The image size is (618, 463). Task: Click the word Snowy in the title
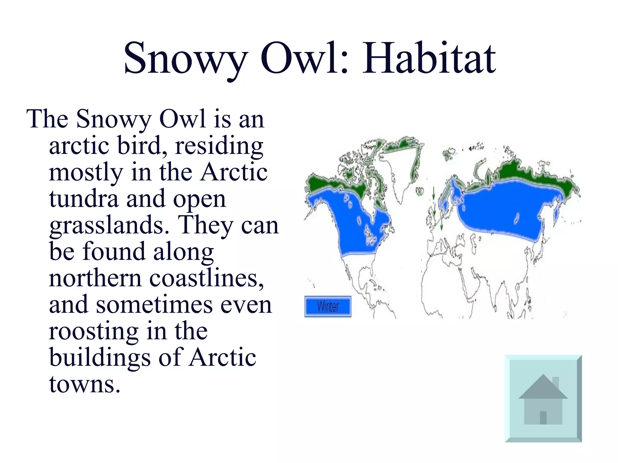185,58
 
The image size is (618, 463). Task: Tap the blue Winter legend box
328,307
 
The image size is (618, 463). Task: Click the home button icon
543,398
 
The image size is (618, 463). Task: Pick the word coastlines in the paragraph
206,278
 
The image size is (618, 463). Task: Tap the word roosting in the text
93,331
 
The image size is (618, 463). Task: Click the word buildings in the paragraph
100,357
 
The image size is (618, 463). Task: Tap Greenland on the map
398,172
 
